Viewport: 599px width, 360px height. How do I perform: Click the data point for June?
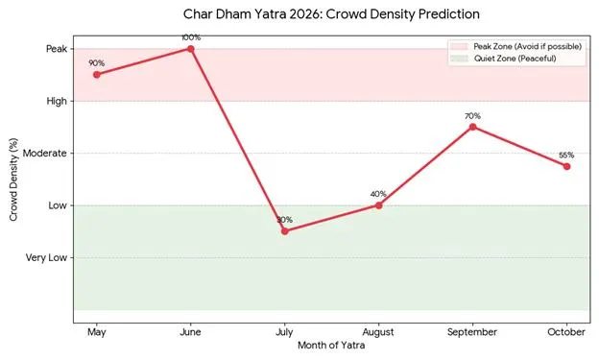click(x=191, y=48)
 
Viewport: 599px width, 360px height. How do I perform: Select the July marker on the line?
click(x=285, y=231)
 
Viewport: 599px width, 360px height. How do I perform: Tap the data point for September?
click(x=473, y=127)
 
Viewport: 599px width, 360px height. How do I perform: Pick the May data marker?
click(x=97, y=74)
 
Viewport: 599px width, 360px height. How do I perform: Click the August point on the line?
click(x=379, y=205)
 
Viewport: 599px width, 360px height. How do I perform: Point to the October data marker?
click(x=567, y=166)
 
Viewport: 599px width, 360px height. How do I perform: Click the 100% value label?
click(x=191, y=37)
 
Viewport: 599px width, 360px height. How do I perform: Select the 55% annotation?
click(x=566, y=155)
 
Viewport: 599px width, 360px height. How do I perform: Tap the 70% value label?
click(x=472, y=116)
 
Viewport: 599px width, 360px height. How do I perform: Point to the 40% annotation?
click(x=378, y=194)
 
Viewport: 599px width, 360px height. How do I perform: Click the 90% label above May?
click(x=96, y=63)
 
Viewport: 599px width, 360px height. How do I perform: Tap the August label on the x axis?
click(x=379, y=332)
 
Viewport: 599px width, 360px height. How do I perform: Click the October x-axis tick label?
click(x=566, y=332)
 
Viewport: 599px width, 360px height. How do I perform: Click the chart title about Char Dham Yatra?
click(x=331, y=15)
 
